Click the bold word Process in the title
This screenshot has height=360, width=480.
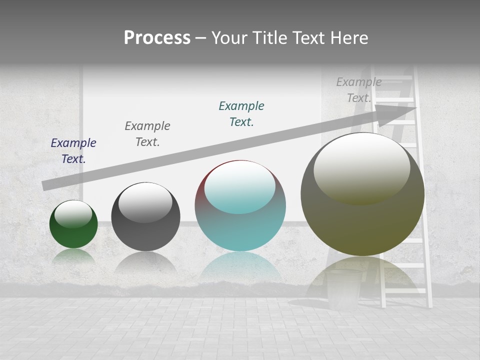tap(157, 38)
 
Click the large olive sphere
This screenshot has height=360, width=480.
tap(362, 220)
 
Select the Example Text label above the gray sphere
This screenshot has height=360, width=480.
tap(147, 134)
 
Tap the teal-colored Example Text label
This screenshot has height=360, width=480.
tap(241, 114)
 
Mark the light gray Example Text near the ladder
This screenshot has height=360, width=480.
tap(358, 90)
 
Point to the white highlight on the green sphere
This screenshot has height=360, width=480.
tap(73, 213)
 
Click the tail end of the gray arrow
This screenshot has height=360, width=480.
tap(46, 185)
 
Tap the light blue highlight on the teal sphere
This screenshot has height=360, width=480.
tap(240, 187)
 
